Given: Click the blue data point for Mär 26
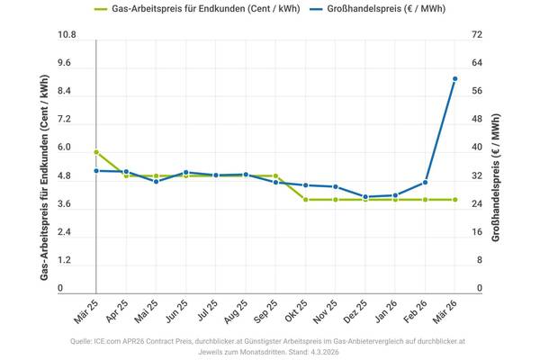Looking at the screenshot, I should pos(455,79).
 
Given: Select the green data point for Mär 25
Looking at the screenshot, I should pos(96,152).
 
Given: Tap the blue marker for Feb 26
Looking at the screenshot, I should pos(425,183).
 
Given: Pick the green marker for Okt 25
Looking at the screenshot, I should pos(306,200).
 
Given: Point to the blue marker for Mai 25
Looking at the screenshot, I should pos(156,182).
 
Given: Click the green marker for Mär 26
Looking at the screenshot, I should pos(455,200).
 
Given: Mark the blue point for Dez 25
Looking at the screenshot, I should pos(365,197).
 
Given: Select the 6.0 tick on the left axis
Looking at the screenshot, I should pos(64,147).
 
